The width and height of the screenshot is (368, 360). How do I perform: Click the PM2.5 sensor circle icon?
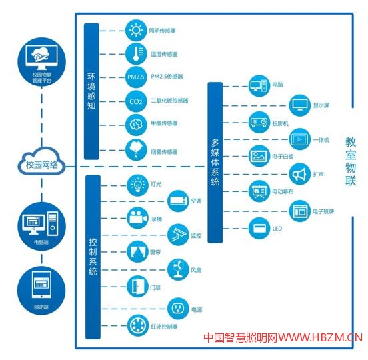point(136,77)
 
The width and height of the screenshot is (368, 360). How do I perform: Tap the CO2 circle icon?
point(136,101)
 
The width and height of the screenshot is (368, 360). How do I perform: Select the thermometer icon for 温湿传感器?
point(136,54)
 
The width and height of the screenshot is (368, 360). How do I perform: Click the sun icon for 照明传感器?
point(136,31)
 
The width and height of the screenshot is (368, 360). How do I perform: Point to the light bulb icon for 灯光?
point(138,185)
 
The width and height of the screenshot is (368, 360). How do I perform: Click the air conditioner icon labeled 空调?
point(178,201)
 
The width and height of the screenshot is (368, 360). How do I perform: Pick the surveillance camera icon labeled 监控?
point(178,235)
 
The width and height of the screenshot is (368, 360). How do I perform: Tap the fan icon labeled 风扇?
point(178,269)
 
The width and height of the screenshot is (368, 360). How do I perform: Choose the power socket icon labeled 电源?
point(178,309)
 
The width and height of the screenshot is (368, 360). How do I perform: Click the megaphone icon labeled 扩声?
point(300,174)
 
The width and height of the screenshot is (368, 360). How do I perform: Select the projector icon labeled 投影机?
point(259,122)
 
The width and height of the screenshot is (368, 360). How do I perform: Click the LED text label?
point(277,229)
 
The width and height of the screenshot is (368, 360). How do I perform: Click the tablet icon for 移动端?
point(41,285)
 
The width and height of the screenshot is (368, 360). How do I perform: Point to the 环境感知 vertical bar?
point(91,91)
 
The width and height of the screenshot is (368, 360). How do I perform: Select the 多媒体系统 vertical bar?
point(215,163)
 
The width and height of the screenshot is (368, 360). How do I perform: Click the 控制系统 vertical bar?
point(93,257)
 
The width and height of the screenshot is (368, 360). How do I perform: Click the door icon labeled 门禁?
point(138,286)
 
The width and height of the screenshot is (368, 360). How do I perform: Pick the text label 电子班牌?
point(323,211)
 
